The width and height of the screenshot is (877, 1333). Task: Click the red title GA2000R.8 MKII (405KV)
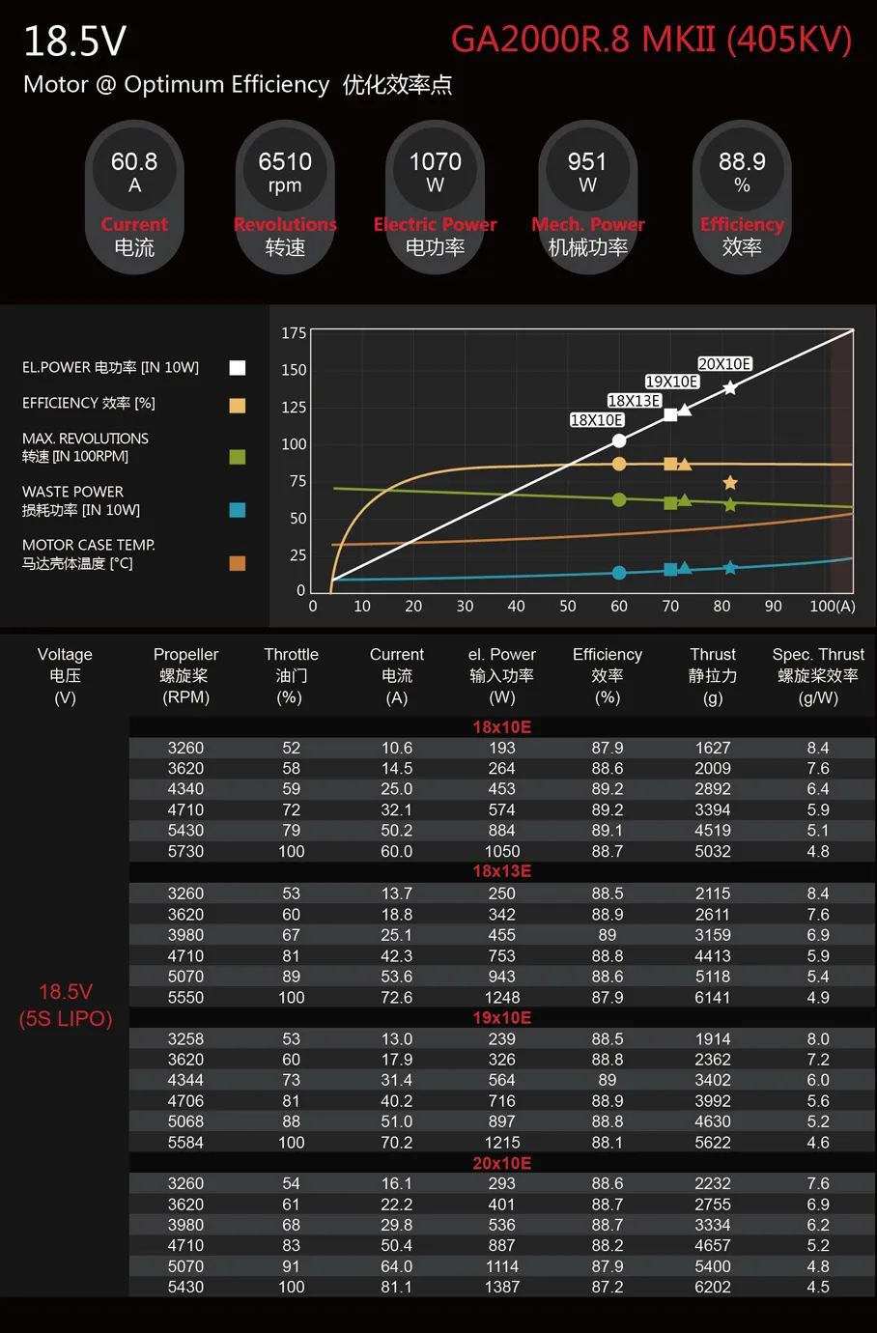(x=651, y=40)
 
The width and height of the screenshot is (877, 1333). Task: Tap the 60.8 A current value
(x=134, y=171)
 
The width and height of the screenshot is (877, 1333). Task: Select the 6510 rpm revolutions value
(x=285, y=171)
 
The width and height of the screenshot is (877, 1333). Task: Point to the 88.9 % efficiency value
(x=742, y=171)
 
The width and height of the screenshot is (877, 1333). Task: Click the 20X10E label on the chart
(x=724, y=364)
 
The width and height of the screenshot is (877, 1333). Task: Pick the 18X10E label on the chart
(x=597, y=420)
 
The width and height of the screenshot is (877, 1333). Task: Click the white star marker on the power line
(x=730, y=387)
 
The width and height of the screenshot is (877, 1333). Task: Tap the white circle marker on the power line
(x=619, y=440)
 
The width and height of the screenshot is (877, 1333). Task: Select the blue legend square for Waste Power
(x=238, y=510)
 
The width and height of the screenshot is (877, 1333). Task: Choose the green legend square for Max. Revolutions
(x=238, y=457)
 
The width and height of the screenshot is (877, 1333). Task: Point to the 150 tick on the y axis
(x=294, y=370)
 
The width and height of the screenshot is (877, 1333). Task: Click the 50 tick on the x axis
(x=568, y=607)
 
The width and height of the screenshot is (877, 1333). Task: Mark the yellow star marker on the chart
(x=730, y=483)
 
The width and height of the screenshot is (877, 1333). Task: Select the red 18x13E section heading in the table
(x=502, y=871)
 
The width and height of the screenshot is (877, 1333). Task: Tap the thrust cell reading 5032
(x=713, y=851)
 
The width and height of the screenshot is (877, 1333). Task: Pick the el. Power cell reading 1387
(x=502, y=1287)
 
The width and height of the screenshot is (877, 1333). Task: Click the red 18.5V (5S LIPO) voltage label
(x=66, y=1005)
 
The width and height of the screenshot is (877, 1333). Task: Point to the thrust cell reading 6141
(x=713, y=997)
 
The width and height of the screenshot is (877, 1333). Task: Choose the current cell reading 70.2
(x=397, y=1142)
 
